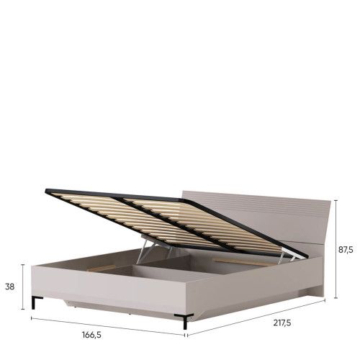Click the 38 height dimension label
[10, 287]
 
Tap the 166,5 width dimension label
[91, 335]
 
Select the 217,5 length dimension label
[282, 323]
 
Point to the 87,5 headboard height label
[346, 250]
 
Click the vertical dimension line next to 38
[23, 287]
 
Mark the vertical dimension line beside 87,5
[336, 249]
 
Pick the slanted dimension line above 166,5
[108, 326]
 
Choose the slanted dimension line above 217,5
[256, 317]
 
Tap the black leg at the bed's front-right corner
[184, 321]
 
